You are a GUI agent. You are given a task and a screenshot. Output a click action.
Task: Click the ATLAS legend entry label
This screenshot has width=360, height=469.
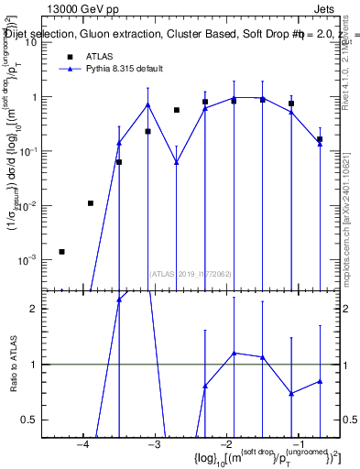click(x=100, y=56)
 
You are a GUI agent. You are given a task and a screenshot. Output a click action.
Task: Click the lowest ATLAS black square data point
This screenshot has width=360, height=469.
click(x=61, y=251)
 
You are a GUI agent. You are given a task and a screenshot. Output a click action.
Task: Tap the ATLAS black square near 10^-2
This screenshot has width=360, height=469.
click(x=90, y=203)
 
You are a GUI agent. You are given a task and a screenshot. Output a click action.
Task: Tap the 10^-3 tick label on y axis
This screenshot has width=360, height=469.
click(x=27, y=260)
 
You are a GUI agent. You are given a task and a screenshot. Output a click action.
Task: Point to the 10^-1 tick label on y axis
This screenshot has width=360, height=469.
click(x=27, y=151)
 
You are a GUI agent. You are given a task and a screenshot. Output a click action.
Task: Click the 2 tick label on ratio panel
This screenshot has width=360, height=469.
click(x=32, y=309)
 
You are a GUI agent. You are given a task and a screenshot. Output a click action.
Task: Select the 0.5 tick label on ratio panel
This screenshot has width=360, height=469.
click(x=28, y=420)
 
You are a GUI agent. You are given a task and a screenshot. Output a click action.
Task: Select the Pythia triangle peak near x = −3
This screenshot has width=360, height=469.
click(x=147, y=104)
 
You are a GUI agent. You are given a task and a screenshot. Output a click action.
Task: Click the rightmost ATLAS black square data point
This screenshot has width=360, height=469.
click(x=320, y=139)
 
